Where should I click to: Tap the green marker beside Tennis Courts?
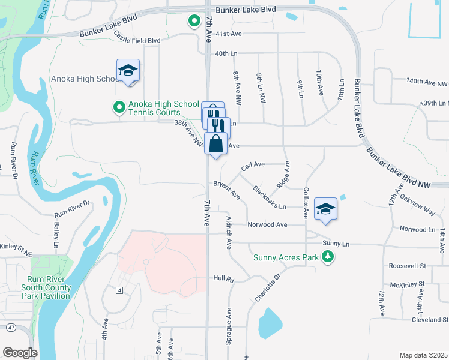[x=119, y=107]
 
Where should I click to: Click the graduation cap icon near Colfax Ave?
[x=325, y=209]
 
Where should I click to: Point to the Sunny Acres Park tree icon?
[x=328, y=257]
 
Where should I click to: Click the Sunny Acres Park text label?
[x=286, y=257]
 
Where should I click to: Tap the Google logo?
[x=20, y=353]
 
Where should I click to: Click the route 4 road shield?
[x=119, y=290]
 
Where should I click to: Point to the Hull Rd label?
[x=223, y=279]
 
